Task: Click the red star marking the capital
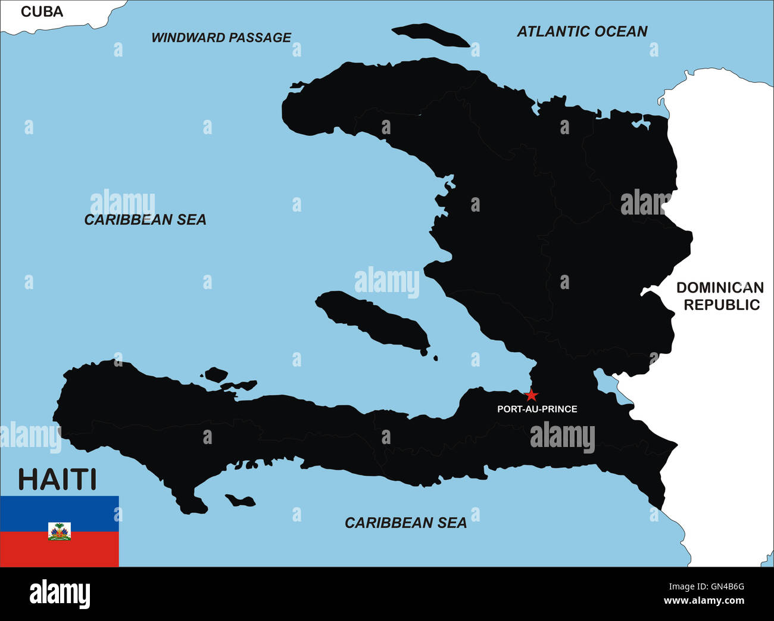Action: point(532,395)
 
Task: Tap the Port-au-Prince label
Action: point(537,409)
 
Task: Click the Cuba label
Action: point(42,11)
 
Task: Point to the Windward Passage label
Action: point(221,38)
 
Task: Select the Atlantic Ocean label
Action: point(582,32)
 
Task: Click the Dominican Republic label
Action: point(720,296)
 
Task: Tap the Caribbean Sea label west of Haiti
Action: point(145,220)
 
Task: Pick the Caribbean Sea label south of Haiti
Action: point(405,523)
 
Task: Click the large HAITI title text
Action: point(57,480)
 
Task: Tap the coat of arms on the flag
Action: point(60,531)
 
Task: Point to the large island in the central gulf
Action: point(372,319)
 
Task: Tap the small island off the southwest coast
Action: point(239,500)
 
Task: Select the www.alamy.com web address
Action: point(704,601)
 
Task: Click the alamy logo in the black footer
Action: point(60,594)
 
